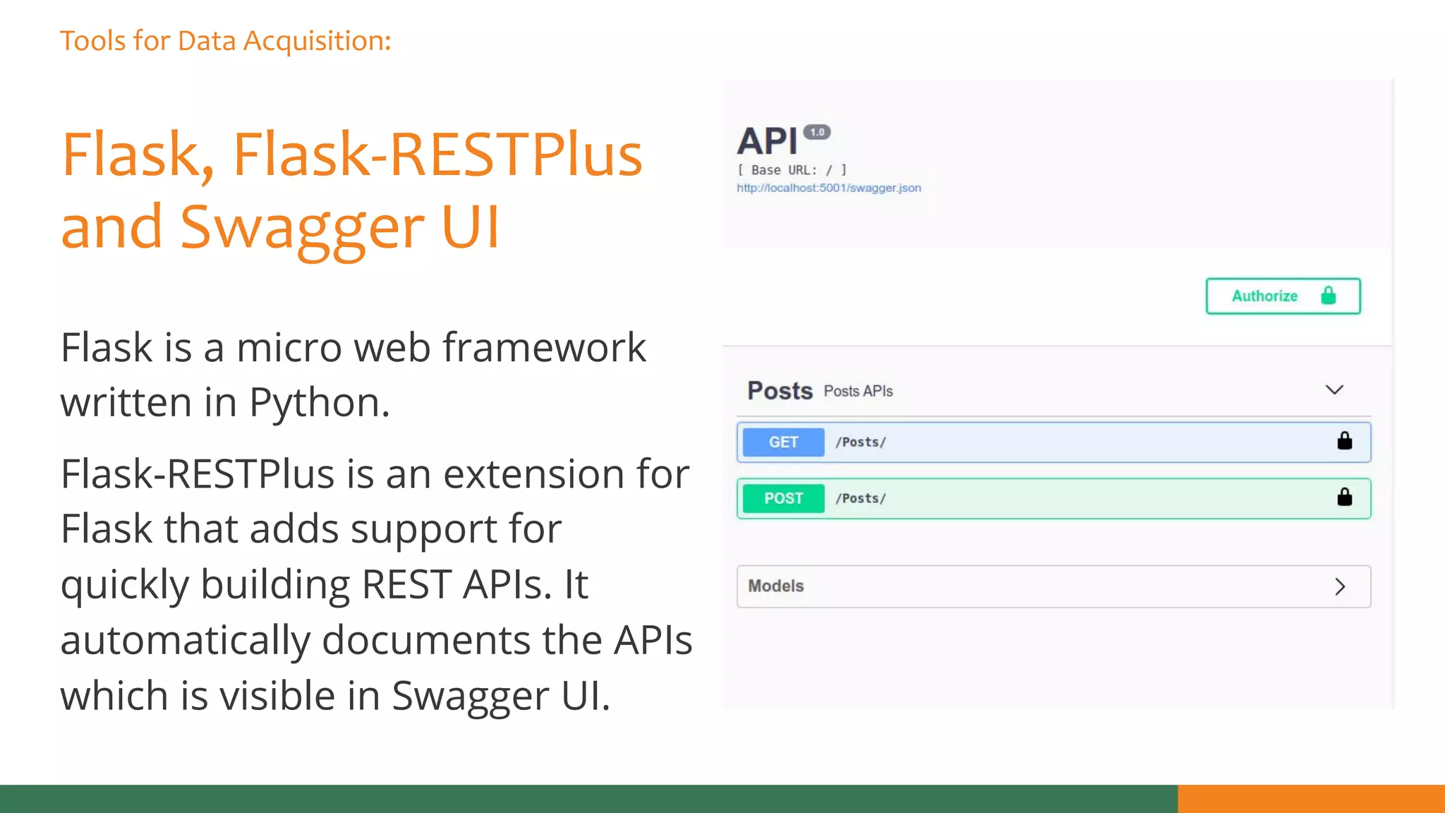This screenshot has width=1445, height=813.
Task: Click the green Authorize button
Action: [1283, 296]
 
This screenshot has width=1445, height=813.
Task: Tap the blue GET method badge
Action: [783, 442]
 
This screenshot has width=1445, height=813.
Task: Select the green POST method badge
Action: [783, 498]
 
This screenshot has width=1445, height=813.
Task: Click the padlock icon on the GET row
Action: [1344, 441]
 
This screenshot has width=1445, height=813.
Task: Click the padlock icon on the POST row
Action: [1344, 498]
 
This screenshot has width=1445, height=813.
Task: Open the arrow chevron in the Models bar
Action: [1340, 586]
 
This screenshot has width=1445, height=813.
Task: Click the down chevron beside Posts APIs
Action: [1334, 390]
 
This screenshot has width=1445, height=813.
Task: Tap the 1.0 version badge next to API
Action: [817, 132]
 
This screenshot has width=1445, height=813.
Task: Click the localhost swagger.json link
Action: [828, 188]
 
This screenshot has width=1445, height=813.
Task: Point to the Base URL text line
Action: [792, 170]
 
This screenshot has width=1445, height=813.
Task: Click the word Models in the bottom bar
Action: [775, 586]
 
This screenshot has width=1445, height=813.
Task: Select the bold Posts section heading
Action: [780, 391]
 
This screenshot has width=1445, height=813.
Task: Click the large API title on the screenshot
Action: [767, 141]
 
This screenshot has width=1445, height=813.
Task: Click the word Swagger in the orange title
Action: [302, 227]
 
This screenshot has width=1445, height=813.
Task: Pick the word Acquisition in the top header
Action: [317, 42]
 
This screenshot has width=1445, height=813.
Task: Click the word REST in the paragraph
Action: [406, 584]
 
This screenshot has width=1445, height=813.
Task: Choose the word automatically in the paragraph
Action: [185, 641]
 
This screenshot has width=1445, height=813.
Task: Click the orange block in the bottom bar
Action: [1311, 799]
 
